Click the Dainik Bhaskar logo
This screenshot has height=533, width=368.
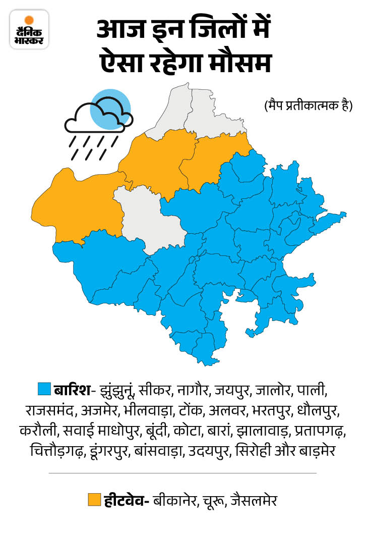click(29, 29)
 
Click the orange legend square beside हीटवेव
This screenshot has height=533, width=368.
click(94, 500)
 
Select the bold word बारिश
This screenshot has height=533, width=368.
click(72, 390)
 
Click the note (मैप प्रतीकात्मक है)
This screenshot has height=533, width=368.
click(308, 106)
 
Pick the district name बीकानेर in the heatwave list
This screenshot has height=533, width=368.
click(176, 501)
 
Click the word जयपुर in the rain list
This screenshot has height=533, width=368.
click(233, 390)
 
